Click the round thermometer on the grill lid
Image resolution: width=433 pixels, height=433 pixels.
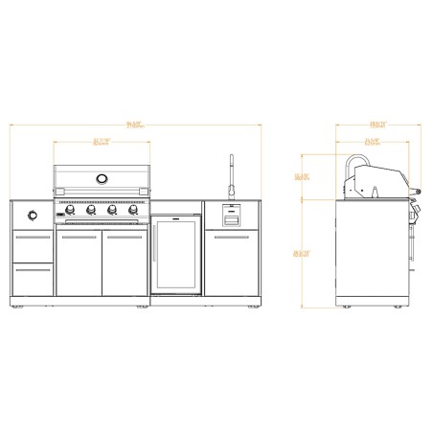(x=102, y=179)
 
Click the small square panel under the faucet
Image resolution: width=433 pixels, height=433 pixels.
(x=230, y=213)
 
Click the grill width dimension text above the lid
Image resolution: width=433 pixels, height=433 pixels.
(x=101, y=143)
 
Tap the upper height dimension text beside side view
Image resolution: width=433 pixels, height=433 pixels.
(x=302, y=176)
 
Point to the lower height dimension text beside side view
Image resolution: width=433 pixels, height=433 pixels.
(x=302, y=252)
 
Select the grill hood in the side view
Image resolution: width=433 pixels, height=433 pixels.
(x=383, y=178)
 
